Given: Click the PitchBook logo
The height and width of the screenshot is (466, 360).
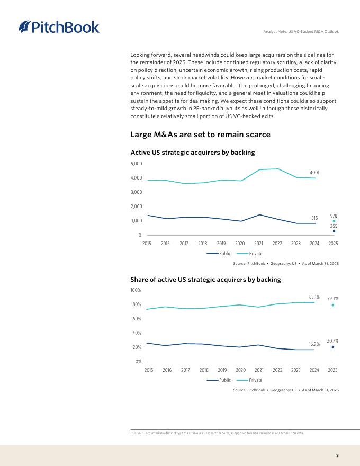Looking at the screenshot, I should tap(59, 27).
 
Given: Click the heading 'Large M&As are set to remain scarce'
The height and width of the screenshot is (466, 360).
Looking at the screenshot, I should tap(200, 135).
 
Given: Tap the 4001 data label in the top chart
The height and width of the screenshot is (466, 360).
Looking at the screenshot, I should tap(314, 173).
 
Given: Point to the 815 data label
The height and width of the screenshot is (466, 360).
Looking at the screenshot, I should tap(314, 218).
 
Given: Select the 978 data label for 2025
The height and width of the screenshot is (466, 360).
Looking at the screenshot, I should tap(334, 216).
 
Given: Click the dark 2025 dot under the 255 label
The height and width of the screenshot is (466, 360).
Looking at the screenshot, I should tap(334, 231).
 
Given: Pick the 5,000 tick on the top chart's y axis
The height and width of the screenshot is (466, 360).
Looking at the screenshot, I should tap(136, 164).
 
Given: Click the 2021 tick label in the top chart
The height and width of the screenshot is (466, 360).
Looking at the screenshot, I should tap(258, 244).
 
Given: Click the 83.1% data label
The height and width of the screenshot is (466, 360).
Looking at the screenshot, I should tap(314, 297).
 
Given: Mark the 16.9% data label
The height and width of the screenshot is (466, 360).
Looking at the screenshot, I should tap(314, 344).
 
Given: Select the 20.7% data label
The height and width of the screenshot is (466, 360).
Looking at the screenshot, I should tap(332, 341).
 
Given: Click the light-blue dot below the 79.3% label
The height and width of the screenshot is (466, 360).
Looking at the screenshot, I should tap(332, 305).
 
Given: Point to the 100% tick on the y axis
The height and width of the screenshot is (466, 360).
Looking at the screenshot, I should tap(136, 290).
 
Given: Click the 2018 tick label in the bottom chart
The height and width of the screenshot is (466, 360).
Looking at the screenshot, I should tap(204, 370).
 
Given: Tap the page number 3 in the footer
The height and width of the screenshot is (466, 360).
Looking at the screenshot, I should tap(337, 455).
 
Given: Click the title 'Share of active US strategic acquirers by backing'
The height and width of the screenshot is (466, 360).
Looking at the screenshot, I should tap(205, 279).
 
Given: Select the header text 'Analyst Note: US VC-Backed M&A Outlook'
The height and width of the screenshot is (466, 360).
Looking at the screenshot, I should tap(301, 32).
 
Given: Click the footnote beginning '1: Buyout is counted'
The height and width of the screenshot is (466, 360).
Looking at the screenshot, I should tap(217, 433).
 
